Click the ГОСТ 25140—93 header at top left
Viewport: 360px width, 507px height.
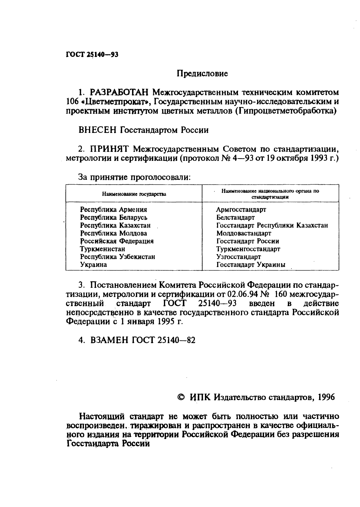[92, 55]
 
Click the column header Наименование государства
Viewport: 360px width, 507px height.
[134, 194]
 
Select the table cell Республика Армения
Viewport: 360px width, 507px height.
[113, 210]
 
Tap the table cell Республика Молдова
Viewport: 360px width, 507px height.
[113, 233]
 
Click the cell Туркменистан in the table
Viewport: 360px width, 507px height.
[102, 249]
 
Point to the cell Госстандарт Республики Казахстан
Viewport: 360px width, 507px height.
[272, 225]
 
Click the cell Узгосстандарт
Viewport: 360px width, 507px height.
[238, 257]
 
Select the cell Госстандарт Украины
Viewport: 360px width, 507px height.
[251, 265]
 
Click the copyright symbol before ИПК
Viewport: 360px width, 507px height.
[181, 397]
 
